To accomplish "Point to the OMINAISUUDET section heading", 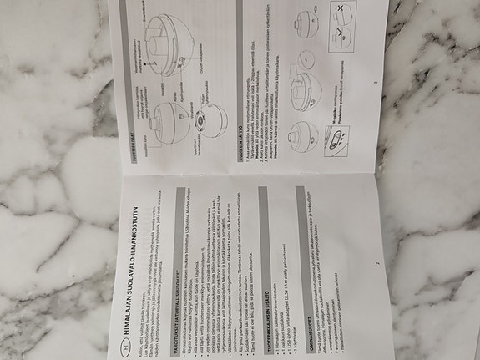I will tap(300, 322).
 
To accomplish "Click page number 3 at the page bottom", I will tap(376, 84).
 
